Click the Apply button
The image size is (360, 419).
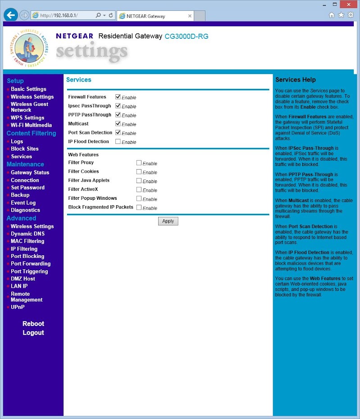coord(168,221)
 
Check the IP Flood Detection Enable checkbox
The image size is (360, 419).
coord(118,142)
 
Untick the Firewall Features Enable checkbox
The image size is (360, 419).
coord(118,97)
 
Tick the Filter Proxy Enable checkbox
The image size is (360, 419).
coord(139,163)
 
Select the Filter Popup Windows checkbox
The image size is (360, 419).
coord(139,198)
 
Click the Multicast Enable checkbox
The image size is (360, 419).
coord(118,124)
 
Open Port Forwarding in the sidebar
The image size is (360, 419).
coord(31,264)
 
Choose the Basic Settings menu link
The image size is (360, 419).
coord(28,89)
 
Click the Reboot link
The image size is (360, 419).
coord(33,324)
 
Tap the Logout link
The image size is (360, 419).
coord(33,333)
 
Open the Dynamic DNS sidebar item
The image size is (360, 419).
coord(27,234)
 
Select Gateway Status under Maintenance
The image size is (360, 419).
coord(30,172)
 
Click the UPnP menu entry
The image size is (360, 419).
coord(18,307)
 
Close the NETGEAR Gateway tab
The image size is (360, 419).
coord(190,16)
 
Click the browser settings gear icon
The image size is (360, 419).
coord(351,15)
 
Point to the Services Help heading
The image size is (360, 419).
coord(295,80)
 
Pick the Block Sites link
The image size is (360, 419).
coord(25,149)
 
